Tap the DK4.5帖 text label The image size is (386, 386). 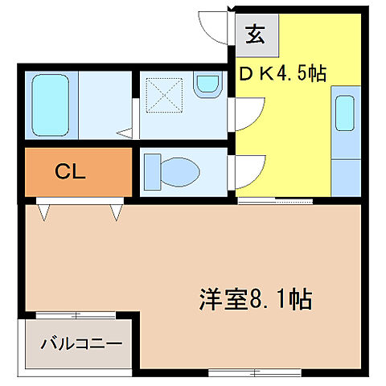click(281, 73)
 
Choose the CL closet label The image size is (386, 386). click(71, 170)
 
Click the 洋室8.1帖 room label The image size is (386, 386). click(255, 301)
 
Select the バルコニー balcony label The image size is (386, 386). click(82, 343)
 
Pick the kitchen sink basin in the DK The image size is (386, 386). click(344, 113)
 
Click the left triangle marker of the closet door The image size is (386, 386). click(42, 211)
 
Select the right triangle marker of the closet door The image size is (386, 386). click(117, 211)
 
